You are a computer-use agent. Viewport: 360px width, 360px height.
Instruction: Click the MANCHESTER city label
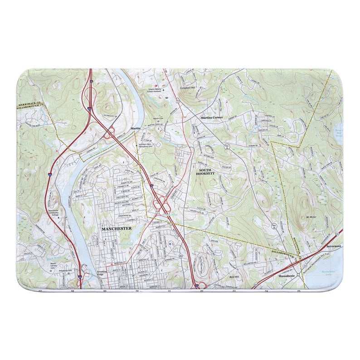coord(117,229)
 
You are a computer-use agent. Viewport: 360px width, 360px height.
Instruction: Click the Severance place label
coord(334,246)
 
